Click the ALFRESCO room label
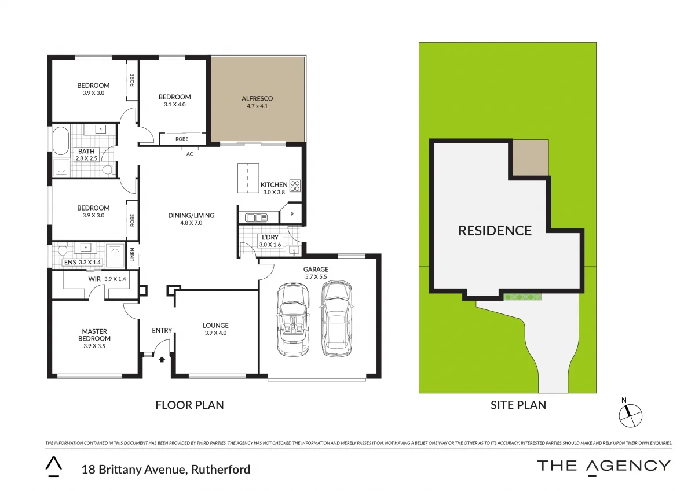[257, 98]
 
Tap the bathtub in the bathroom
[60, 142]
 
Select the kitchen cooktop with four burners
[294, 186]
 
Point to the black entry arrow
[162, 359]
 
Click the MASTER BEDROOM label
[94, 335]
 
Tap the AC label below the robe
[189, 154]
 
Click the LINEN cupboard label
[133, 256]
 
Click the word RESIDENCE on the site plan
[495, 231]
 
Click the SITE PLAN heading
[518, 405]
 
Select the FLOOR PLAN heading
[189, 405]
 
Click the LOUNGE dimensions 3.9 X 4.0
[215, 333]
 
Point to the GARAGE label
[316, 269]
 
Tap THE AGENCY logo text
[603, 466]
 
